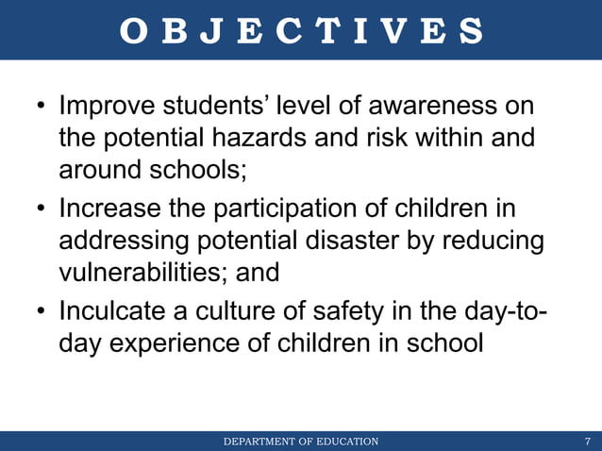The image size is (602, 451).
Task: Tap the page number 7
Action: pos(588,441)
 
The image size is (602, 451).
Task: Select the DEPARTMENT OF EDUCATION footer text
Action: pos(301,441)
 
